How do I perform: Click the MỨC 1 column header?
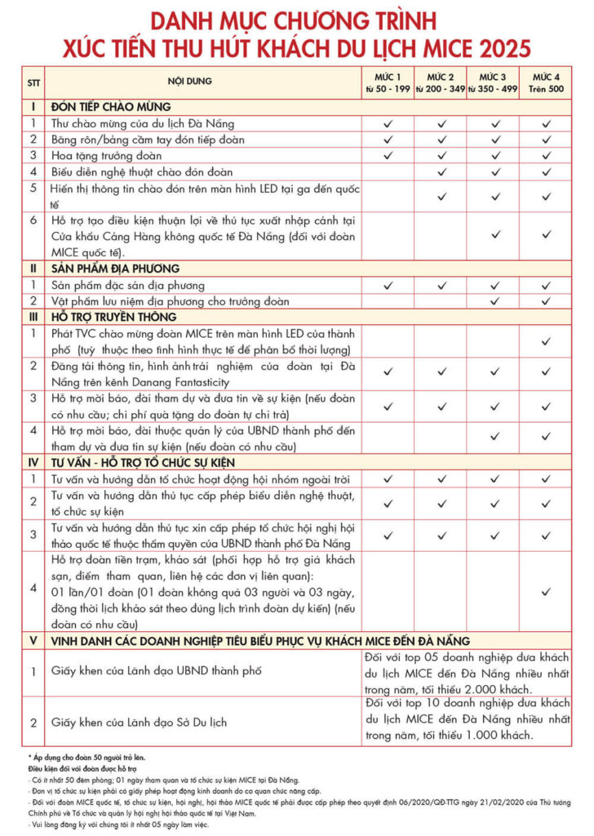click(388, 82)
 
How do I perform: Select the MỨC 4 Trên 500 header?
click(546, 82)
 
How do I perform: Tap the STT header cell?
click(33, 82)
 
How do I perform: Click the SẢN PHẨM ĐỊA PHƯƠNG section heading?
click(115, 269)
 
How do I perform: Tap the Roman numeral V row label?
click(33, 641)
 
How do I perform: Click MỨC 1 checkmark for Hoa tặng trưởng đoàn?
click(388, 155)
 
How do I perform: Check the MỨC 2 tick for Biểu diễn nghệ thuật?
click(441, 171)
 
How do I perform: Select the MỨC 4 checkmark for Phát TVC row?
click(546, 340)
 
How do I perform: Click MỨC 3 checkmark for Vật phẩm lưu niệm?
click(494, 301)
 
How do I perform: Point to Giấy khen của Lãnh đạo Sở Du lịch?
click(139, 722)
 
